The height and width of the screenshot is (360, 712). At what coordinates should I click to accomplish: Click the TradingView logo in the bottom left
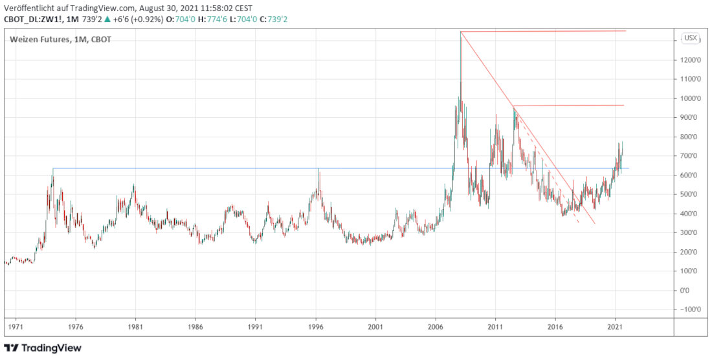[43, 348]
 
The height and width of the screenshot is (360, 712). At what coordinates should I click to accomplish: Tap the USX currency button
[691, 38]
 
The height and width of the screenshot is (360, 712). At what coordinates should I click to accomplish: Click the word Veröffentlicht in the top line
[29, 8]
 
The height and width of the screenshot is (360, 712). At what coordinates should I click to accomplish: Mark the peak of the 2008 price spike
[461, 32]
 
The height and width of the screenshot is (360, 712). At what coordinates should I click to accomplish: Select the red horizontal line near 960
[570, 105]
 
